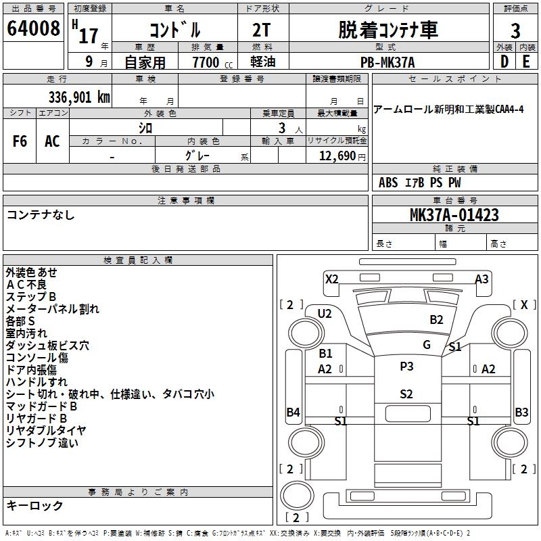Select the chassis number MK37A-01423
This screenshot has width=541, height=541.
(x=454, y=215)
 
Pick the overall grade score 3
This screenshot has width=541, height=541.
(x=515, y=30)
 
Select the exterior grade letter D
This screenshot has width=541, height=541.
(x=504, y=62)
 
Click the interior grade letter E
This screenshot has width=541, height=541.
(x=526, y=62)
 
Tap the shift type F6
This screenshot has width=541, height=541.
(x=20, y=141)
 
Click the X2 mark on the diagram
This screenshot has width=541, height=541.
(x=331, y=279)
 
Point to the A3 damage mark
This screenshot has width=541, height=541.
(x=481, y=279)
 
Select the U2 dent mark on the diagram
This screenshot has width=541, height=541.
(x=325, y=313)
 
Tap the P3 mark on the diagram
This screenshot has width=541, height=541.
(x=406, y=367)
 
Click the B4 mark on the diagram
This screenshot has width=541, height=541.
(x=293, y=412)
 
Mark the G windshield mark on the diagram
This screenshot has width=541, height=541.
(x=427, y=344)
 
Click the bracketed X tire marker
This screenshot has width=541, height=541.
(x=523, y=304)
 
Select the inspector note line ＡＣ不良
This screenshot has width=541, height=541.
(x=26, y=284)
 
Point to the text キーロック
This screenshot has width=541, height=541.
(x=34, y=505)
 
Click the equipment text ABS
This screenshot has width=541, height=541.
(x=388, y=183)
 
